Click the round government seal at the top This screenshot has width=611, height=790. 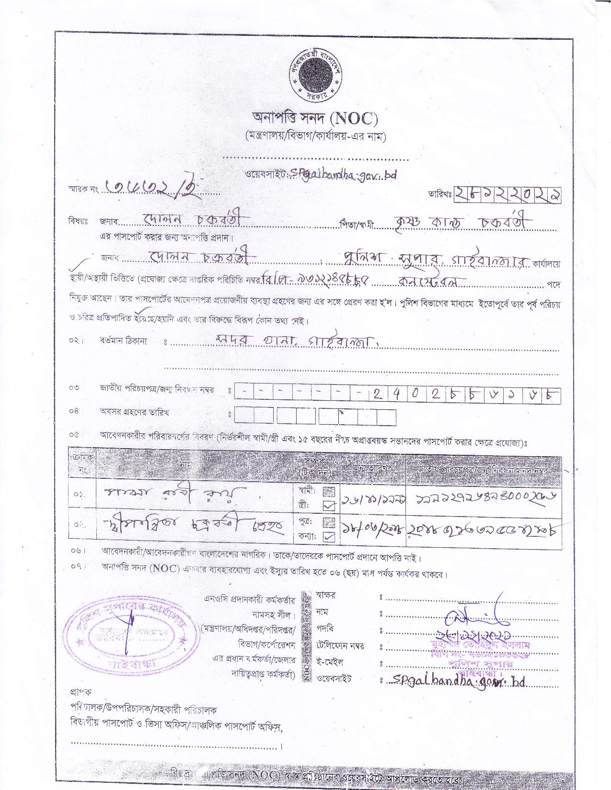coord(314,76)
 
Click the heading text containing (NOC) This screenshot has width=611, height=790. coord(315,117)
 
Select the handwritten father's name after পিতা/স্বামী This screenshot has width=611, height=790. coord(462,222)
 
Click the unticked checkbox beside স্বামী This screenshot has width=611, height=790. coord(329,491)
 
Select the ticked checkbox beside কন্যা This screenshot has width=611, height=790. coord(329,537)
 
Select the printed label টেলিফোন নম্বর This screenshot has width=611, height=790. coord(340,646)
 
